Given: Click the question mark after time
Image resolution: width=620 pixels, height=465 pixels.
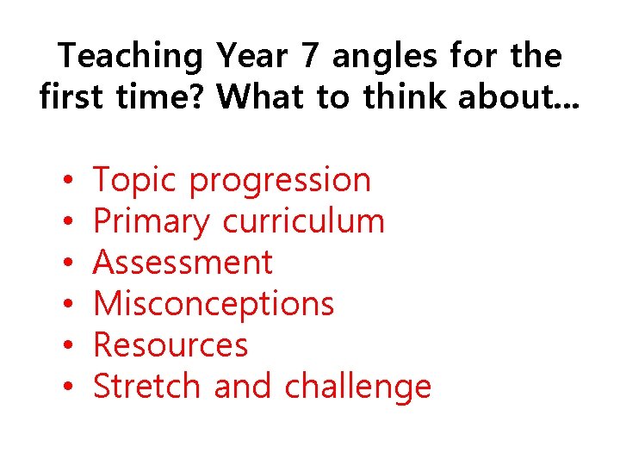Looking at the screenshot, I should (200, 97).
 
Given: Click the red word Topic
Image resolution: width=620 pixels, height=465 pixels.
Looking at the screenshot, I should (135, 181).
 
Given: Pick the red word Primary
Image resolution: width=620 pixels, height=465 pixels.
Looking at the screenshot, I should (151, 222).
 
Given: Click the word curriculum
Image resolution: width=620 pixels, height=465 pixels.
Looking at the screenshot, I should (303, 221).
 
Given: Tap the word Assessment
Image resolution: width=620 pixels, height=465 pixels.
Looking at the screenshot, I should (183, 262).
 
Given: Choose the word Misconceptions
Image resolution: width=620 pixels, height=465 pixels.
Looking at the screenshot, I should (214, 304).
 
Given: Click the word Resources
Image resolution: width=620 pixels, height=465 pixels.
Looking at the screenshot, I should (170, 345).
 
